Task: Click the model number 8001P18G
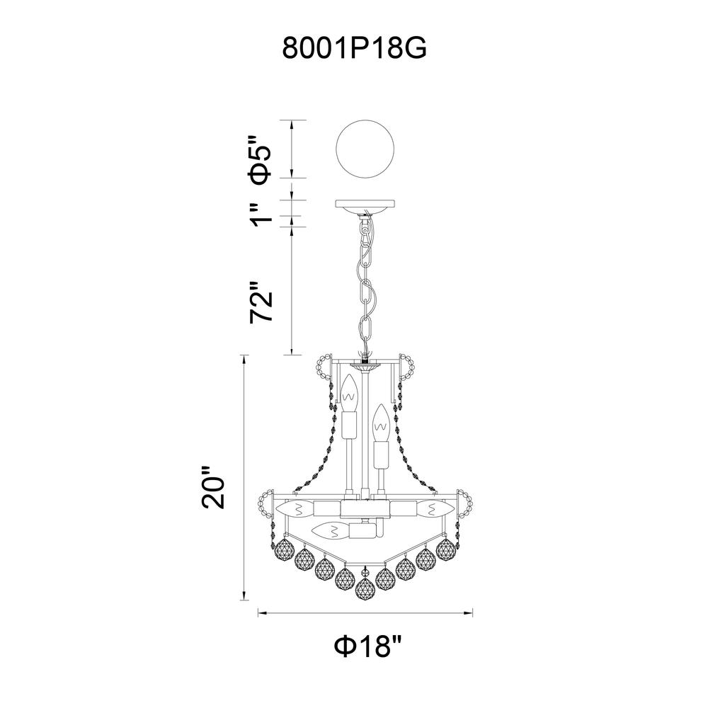click(x=355, y=47)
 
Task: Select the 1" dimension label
click(x=263, y=215)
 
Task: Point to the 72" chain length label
click(x=263, y=302)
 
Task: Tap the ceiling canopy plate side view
click(x=365, y=207)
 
